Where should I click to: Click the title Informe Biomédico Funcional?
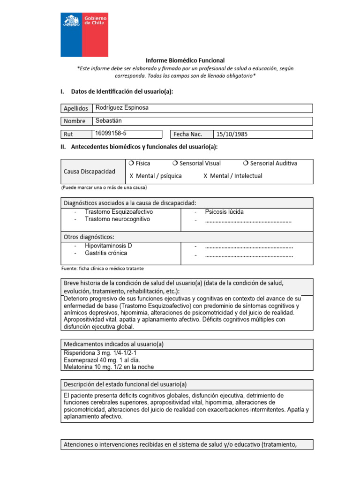click(185, 60)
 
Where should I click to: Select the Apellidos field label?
click(76, 108)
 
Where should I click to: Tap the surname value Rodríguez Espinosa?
click(121, 108)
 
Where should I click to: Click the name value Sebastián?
click(108, 120)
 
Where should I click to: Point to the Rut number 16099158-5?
click(111, 133)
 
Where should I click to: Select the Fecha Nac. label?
click(187, 135)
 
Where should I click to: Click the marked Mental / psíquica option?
click(156, 176)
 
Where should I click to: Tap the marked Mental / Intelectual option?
click(233, 176)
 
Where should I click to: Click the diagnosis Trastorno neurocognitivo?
click(117, 219)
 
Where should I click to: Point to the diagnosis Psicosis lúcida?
click(224, 212)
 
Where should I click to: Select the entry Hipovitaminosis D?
click(108, 246)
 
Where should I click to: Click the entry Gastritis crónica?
click(106, 253)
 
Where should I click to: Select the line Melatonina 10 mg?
click(108, 367)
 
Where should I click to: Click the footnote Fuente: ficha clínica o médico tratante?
click(102, 269)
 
